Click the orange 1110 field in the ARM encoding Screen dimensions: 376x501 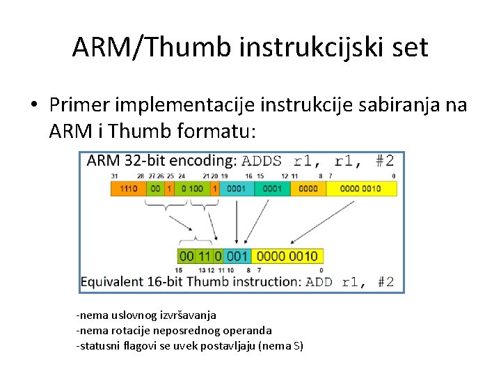click(128, 189)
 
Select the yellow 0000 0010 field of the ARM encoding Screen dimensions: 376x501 click(361, 189)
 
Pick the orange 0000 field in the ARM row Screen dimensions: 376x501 click(306, 189)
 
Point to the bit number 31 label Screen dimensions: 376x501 click(114, 176)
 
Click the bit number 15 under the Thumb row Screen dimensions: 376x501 click(179, 269)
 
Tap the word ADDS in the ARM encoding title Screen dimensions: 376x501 click(262, 162)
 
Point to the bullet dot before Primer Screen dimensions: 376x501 click(33, 105)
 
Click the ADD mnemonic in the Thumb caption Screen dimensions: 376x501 click(319, 282)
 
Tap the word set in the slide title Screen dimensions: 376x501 click(409, 47)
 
